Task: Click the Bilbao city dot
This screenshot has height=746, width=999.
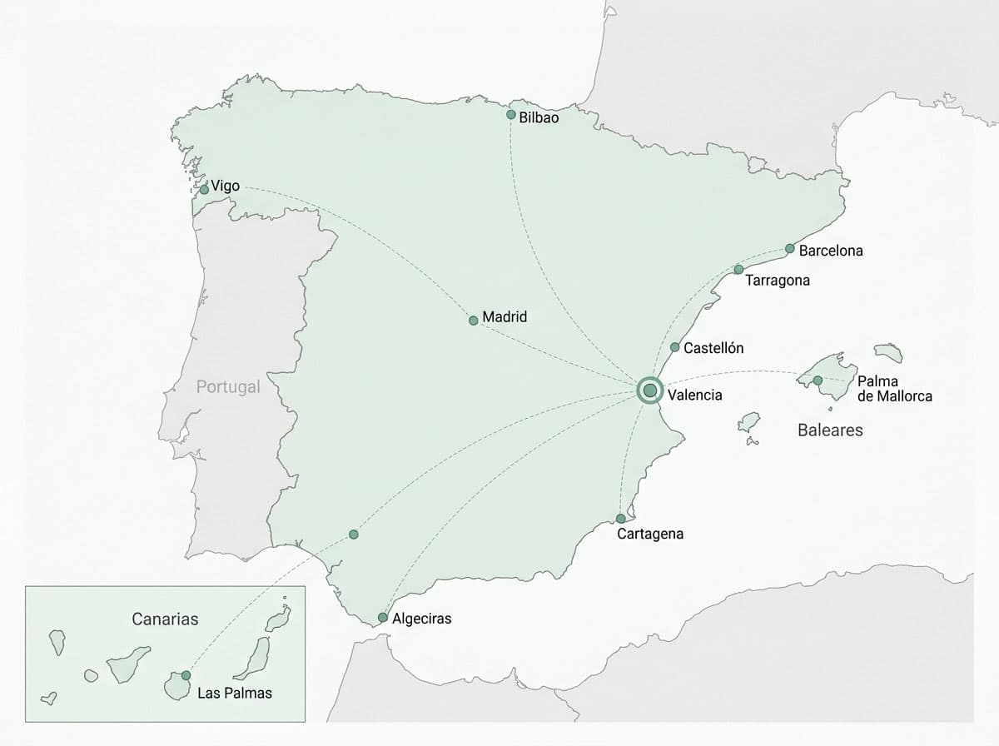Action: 511,115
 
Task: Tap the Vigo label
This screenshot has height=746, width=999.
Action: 226,186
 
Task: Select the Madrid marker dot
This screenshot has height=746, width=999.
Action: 474,321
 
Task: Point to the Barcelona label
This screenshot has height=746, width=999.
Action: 831,251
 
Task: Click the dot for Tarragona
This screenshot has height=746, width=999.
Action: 738,270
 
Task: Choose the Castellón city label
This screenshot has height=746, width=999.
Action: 713,348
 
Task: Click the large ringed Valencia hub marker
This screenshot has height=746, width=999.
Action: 649,391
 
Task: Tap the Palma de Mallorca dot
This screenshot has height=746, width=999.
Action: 818,380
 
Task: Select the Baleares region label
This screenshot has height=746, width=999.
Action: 830,430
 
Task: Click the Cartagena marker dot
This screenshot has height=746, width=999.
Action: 621,519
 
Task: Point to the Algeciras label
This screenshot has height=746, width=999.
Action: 421,619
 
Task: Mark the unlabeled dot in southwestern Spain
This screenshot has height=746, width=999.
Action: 354,534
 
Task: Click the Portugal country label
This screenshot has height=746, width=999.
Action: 228,387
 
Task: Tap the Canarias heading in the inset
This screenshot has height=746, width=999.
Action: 165,619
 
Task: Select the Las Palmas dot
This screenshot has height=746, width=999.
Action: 186,675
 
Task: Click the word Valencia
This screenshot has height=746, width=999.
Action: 695,395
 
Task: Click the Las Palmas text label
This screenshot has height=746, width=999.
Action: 235,693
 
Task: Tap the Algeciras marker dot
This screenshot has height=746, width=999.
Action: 382,618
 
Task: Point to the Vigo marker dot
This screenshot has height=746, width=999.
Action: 204,190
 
